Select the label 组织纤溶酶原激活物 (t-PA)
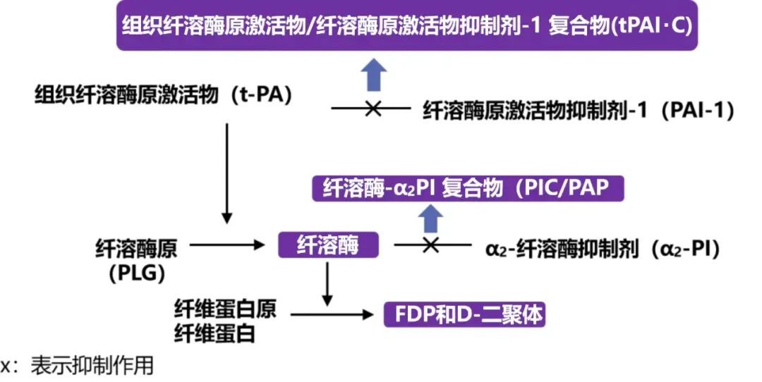(164, 94)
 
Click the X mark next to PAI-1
(373, 109)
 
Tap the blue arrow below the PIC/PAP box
(430, 218)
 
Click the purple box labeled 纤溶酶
(328, 246)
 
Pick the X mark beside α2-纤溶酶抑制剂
(430, 245)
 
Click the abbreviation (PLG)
(136, 271)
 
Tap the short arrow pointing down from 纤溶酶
(327, 283)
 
